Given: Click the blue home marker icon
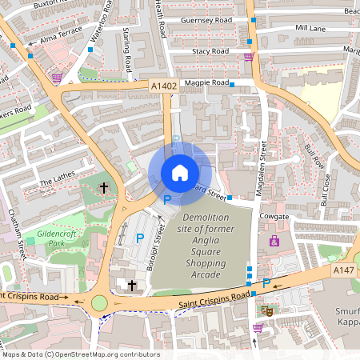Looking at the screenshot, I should click(180, 172).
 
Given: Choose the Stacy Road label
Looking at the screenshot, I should click(210, 51).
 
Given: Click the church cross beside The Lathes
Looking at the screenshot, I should click(103, 188).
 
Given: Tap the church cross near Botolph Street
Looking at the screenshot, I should click(132, 285).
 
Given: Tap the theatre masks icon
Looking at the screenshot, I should click(268, 310).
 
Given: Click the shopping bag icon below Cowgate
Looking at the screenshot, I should click(274, 241).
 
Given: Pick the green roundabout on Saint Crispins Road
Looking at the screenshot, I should click(100, 303).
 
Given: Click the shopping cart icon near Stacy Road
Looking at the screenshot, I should click(249, 57).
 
